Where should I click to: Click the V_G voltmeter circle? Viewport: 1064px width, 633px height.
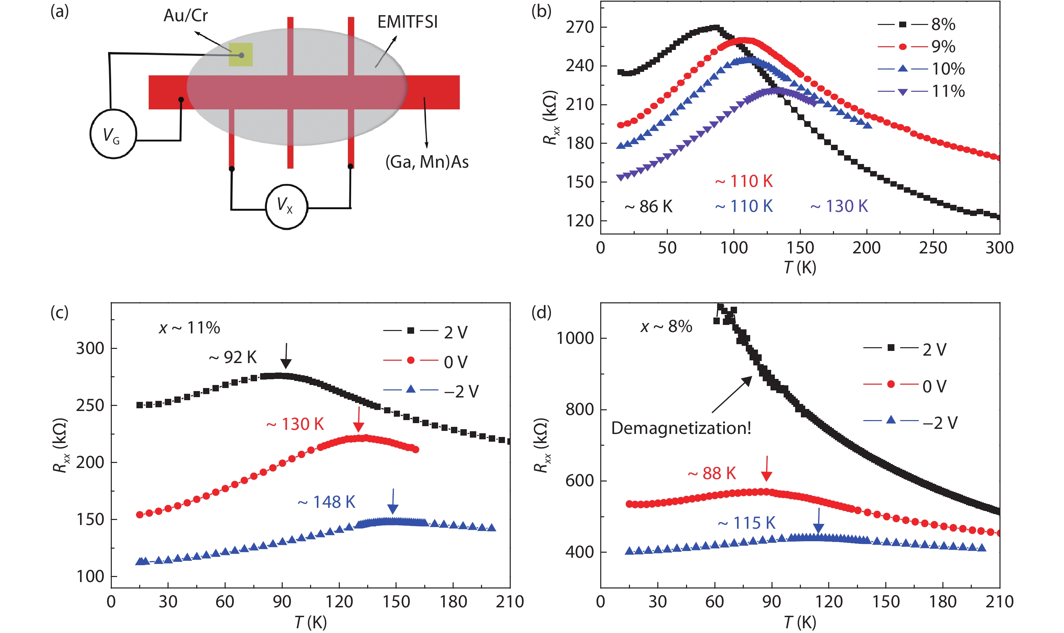coord(113,134)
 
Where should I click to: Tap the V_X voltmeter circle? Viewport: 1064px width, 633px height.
coord(286,207)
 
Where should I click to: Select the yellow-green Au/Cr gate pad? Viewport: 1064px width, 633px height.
coord(240,55)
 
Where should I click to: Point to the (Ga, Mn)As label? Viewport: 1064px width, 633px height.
coord(427,162)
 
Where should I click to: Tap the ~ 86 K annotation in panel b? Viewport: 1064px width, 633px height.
coord(648,207)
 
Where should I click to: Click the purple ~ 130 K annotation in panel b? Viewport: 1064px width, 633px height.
coord(839,207)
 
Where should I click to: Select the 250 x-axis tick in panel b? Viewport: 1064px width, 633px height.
coord(933,248)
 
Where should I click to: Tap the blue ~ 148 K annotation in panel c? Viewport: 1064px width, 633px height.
coord(327,502)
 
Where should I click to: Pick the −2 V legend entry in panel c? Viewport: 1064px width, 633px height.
coord(431,391)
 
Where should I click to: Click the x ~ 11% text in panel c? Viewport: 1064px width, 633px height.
coord(189,328)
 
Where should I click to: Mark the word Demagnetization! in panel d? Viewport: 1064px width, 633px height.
coord(681,428)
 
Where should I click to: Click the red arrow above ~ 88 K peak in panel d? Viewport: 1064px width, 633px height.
coord(766,469)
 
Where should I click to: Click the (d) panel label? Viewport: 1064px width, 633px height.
coord(541,313)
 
